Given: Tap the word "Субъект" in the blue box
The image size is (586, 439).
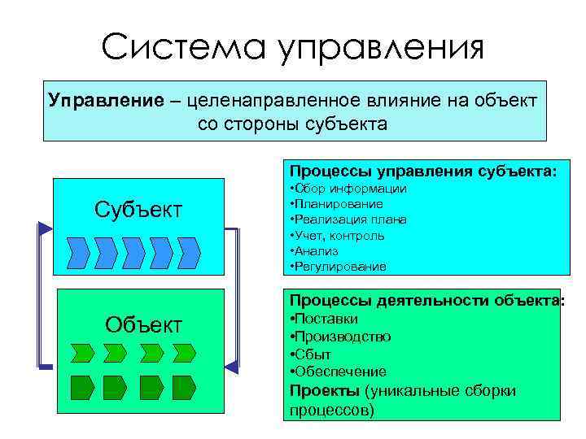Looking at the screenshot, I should tap(138, 209).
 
